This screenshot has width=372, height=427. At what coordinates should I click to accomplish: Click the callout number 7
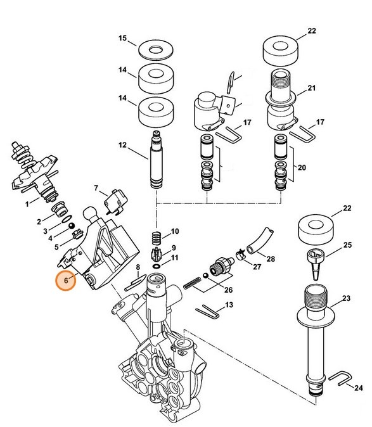97,188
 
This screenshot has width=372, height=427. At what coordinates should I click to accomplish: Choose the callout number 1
27,204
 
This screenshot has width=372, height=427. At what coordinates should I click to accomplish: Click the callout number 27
257,267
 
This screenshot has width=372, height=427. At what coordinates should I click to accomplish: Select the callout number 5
56,246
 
